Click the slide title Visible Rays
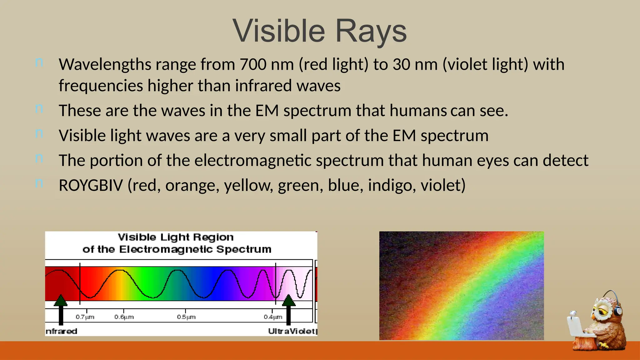click(319, 31)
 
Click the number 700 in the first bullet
click(253, 64)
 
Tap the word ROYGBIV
click(91, 185)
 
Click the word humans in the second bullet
click(418, 111)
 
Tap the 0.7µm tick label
click(85, 317)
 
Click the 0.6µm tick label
click(124, 317)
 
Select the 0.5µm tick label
click(186, 317)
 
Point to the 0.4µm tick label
click(272, 317)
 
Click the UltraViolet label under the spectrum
click(292, 331)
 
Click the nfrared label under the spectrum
click(62, 331)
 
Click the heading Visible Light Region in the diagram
click(176, 237)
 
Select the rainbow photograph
click(461, 286)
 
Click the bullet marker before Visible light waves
click(39, 134)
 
